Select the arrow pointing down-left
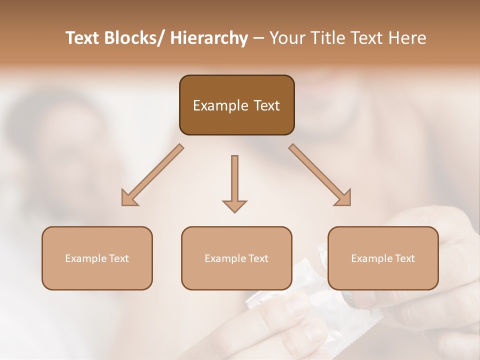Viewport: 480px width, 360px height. (152, 175)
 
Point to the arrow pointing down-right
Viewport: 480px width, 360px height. (320, 175)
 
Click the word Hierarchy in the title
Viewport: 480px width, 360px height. (209, 38)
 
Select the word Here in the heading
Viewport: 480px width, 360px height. (408, 38)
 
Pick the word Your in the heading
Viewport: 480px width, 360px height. (287, 38)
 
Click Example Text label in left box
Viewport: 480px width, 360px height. (97, 258)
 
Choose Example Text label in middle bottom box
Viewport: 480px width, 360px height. (236, 258)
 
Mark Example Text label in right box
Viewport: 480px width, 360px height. (383, 258)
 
